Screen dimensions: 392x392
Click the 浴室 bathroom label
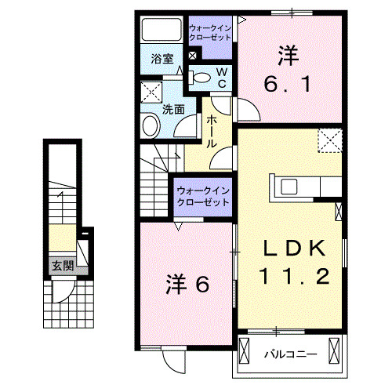click(x=162, y=58)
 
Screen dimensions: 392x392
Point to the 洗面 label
click(x=172, y=110)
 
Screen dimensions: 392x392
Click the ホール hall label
click(x=212, y=133)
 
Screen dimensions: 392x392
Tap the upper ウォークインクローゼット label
click(x=210, y=33)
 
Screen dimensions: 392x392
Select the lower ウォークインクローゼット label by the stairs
click(x=202, y=194)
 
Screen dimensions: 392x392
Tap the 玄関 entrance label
click(x=63, y=266)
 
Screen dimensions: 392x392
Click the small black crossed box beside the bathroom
click(x=192, y=56)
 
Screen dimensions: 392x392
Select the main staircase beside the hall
click(x=155, y=182)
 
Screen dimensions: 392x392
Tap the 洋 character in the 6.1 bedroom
click(x=286, y=56)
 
